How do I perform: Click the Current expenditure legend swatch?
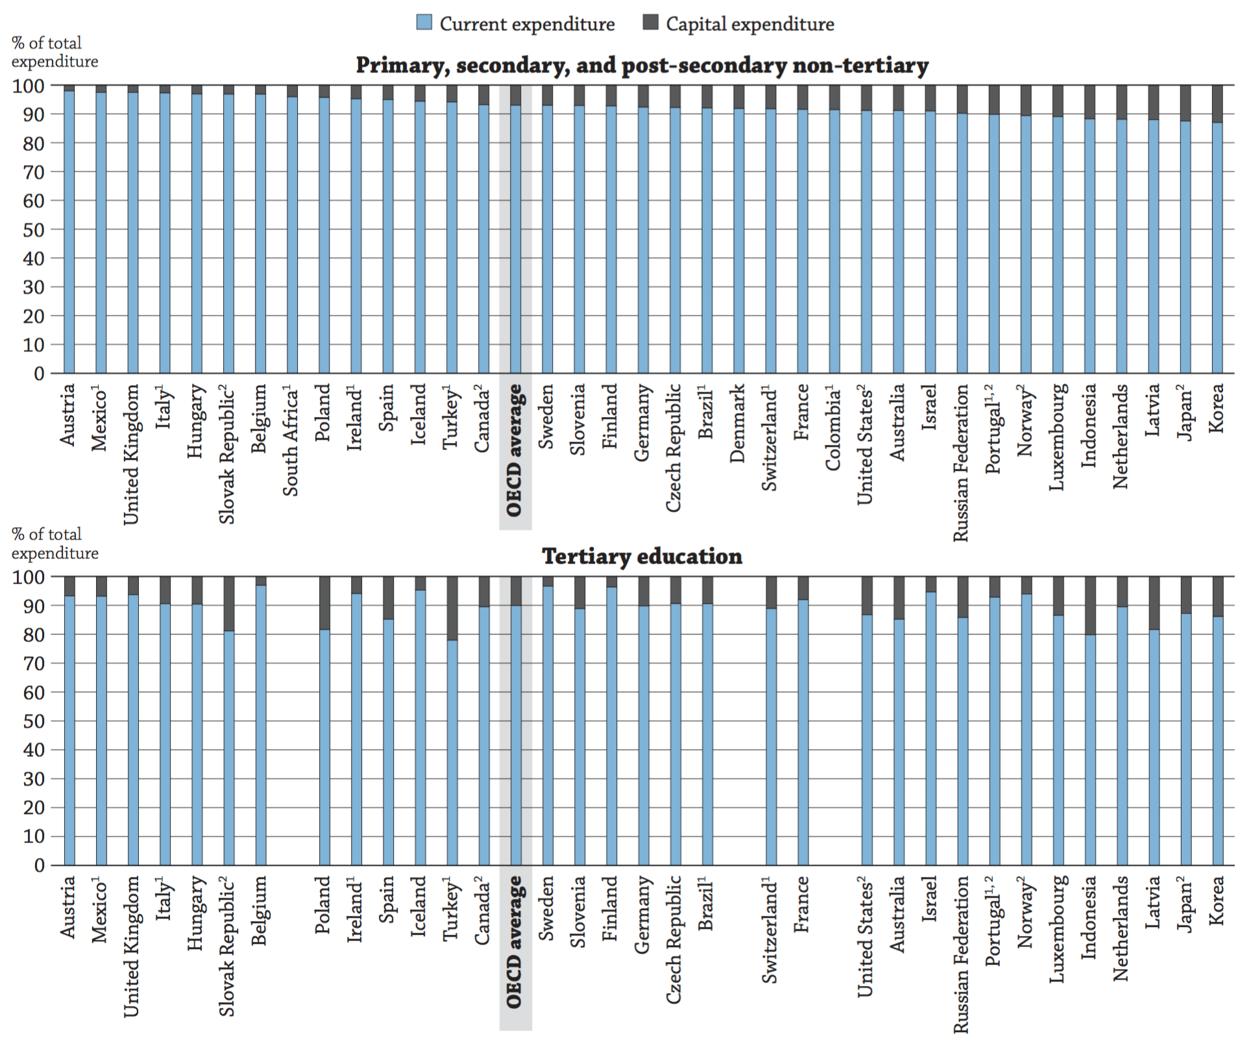[424, 23]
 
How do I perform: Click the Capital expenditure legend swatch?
[650, 23]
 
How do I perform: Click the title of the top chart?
[642, 66]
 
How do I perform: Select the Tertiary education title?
[642, 557]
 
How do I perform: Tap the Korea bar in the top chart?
[1217, 247]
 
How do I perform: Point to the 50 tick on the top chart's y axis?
[34, 230]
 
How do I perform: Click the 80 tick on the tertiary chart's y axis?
[34, 634]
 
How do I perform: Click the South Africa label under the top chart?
[291, 441]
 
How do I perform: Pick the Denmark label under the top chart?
[738, 423]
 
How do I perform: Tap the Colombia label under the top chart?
[834, 428]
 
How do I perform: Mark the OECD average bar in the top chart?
[515, 240]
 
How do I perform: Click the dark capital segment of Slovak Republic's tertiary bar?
[228, 603]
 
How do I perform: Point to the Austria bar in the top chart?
[69, 234]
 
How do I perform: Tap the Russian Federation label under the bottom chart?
[961, 954]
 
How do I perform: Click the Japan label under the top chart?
[1185, 412]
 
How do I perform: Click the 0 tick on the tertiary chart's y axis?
[39, 865]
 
